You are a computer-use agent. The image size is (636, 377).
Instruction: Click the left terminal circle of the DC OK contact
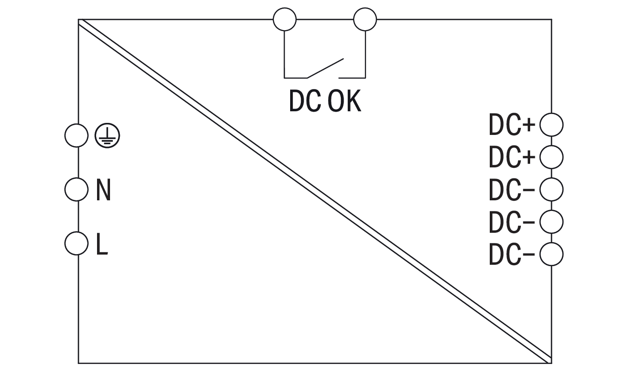(x=285, y=19)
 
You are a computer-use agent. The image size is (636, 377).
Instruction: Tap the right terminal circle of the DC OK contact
(x=365, y=19)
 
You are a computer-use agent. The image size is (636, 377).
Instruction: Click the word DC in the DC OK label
(x=305, y=101)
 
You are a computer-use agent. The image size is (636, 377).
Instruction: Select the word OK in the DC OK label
(x=344, y=101)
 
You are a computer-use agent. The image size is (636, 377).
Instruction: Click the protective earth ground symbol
(x=107, y=136)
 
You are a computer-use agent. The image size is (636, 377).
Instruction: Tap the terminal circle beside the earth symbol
(x=76, y=136)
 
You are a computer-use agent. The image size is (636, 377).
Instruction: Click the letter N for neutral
(x=104, y=190)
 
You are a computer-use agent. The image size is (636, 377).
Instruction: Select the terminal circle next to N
(x=76, y=189)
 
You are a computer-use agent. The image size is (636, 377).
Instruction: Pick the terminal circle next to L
(x=76, y=243)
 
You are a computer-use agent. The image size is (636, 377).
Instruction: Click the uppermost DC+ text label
(x=512, y=126)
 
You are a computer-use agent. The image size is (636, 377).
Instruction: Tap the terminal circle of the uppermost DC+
(x=552, y=125)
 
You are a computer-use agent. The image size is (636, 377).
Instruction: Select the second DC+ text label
(x=512, y=158)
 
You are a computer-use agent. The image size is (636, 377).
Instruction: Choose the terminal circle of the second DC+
(x=552, y=157)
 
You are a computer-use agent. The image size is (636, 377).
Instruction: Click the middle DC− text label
(x=512, y=223)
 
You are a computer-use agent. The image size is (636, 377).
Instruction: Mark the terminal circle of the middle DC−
(x=552, y=222)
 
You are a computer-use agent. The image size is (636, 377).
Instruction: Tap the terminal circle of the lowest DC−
(x=552, y=254)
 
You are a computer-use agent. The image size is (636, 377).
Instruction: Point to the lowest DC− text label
(x=512, y=255)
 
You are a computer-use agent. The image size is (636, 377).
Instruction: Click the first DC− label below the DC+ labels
(x=512, y=190)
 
